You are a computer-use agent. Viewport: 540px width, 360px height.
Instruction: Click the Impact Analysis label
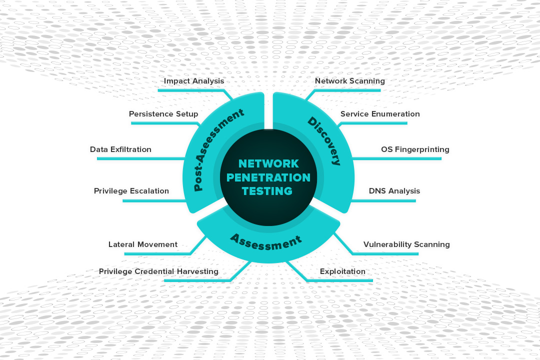pos(194,81)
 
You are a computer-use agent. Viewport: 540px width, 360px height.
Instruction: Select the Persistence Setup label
pos(163,114)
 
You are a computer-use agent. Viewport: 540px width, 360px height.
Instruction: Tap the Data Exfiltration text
pos(120,149)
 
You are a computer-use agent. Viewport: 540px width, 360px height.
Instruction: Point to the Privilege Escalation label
pos(131,191)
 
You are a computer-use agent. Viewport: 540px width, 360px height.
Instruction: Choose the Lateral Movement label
pos(143,244)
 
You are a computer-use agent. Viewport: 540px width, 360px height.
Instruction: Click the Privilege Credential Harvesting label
pos(158,271)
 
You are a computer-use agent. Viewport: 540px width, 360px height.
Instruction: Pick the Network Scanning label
pos(350,81)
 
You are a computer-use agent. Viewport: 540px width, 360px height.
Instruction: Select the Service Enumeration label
pos(380,114)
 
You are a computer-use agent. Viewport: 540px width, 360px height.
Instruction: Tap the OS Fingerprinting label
pos(415,149)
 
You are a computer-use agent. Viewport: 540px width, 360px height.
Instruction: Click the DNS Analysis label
pos(394,191)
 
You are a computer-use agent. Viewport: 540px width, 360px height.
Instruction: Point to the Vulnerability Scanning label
pos(406,244)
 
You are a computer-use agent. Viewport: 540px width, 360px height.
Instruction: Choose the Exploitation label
pos(342,271)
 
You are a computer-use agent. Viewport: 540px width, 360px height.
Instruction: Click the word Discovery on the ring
pos(324,141)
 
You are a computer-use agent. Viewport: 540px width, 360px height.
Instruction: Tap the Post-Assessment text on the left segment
pos(219,149)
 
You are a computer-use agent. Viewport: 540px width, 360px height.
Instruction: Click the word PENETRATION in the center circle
pos(268,177)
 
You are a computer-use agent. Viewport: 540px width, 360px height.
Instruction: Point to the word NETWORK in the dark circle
pos(268,163)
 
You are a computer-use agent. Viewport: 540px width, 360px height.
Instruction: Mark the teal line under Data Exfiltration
pos(140,158)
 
